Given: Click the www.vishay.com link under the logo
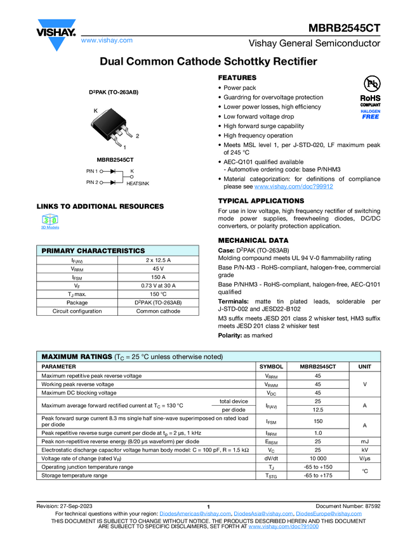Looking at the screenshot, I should tap(107, 40).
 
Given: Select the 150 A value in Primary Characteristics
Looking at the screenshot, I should tap(159, 277).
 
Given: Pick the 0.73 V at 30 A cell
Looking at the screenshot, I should tap(159, 286).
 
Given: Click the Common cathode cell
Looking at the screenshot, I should tap(159, 311).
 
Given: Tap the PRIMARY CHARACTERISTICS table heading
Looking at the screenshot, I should tap(93, 251).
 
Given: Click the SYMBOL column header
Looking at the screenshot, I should tap(271, 367).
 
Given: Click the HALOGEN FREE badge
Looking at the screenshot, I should tap(370, 114).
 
